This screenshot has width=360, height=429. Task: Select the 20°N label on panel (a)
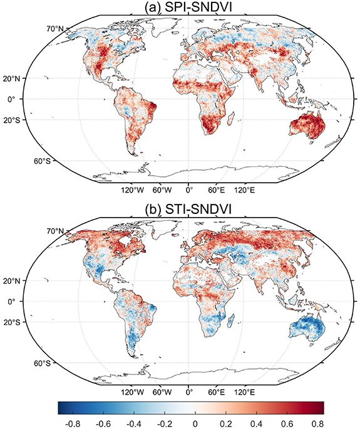click(39, 78)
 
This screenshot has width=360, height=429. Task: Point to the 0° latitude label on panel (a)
click(36, 99)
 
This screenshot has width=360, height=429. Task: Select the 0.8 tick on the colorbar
click(316, 423)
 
